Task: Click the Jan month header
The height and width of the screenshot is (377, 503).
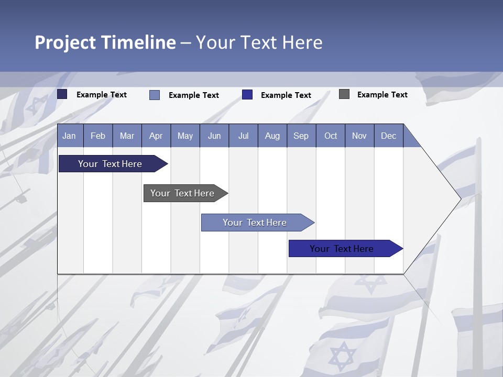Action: click(69, 136)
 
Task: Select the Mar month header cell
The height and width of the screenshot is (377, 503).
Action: click(127, 136)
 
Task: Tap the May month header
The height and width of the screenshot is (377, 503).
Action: click(185, 136)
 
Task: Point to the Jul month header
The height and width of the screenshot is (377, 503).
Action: click(243, 136)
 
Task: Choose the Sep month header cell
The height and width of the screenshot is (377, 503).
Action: click(301, 136)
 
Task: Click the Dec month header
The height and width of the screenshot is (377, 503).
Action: click(388, 136)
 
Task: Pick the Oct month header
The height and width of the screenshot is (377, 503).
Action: click(331, 136)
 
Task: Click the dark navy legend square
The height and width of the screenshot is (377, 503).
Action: click(62, 94)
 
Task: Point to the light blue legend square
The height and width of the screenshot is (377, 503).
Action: click(155, 95)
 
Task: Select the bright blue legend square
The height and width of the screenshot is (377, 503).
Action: click(247, 95)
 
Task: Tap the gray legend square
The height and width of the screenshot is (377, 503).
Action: click(344, 94)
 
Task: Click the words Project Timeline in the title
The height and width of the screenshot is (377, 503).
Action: click(105, 42)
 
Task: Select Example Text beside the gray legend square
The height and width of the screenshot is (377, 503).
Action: click(382, 95)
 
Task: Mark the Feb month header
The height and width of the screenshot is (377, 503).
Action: click(98, 136)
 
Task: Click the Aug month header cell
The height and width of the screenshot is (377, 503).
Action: click(272, 136)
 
